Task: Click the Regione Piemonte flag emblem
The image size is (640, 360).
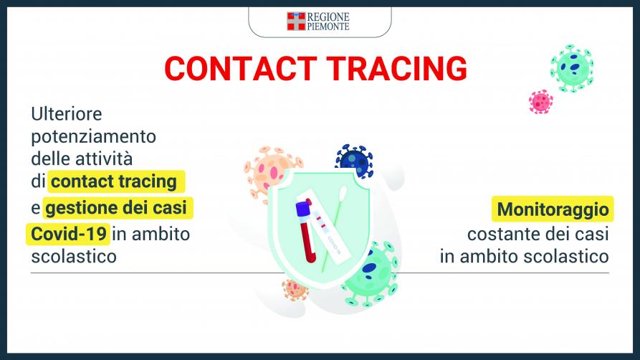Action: tap(296, 22)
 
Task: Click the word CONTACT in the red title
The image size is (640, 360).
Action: tap(241, 68)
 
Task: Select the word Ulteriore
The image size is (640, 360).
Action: tap(67, 113)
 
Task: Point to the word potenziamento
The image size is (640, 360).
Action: tap(93, 137)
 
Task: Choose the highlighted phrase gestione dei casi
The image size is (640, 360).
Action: tap(116, 207)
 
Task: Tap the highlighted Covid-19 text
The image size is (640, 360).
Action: tap(69, 234)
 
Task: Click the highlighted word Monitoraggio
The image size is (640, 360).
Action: tap(553, 209)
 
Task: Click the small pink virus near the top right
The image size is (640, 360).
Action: tap(541, 102)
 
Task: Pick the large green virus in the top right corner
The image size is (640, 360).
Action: tap(572, 68)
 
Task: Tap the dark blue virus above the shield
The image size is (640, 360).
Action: tap(354, 160)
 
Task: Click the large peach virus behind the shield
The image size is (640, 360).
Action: tap(269, 171)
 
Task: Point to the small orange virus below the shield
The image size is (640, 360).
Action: tap(295, 290)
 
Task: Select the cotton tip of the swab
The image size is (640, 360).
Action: tap(343, 193)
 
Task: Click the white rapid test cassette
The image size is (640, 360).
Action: tap(324, 224)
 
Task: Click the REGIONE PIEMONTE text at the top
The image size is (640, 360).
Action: tap(328, 22)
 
